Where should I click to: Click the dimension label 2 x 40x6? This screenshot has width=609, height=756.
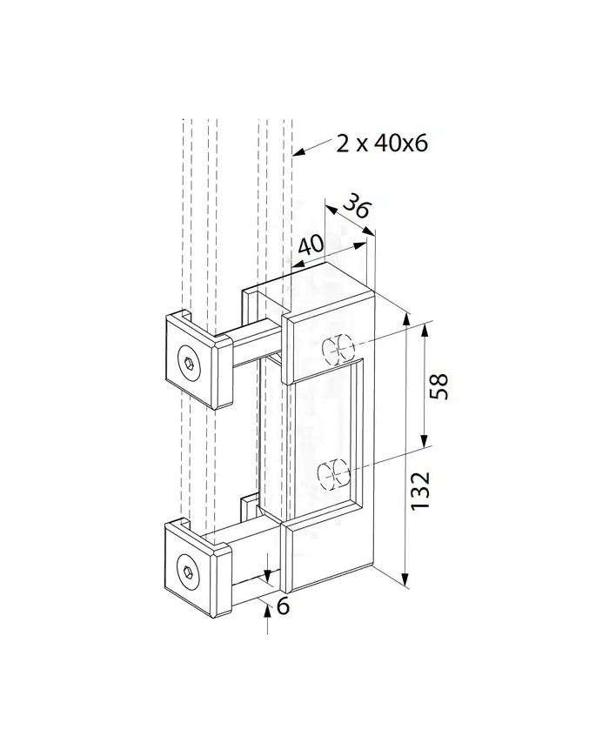pos(382,144)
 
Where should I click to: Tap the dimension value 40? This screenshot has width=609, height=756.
pos(311,245)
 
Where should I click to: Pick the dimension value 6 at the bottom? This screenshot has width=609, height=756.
pos(282,606)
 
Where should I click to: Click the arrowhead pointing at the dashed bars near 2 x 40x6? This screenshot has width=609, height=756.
pos(298,153)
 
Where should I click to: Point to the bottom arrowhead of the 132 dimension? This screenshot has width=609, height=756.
pos(405,579)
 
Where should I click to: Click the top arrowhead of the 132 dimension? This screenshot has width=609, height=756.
pos(405,320)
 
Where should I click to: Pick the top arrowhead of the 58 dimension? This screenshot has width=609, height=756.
pos(424,330)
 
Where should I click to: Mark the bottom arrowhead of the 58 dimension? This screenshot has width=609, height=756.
pos(424,441)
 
